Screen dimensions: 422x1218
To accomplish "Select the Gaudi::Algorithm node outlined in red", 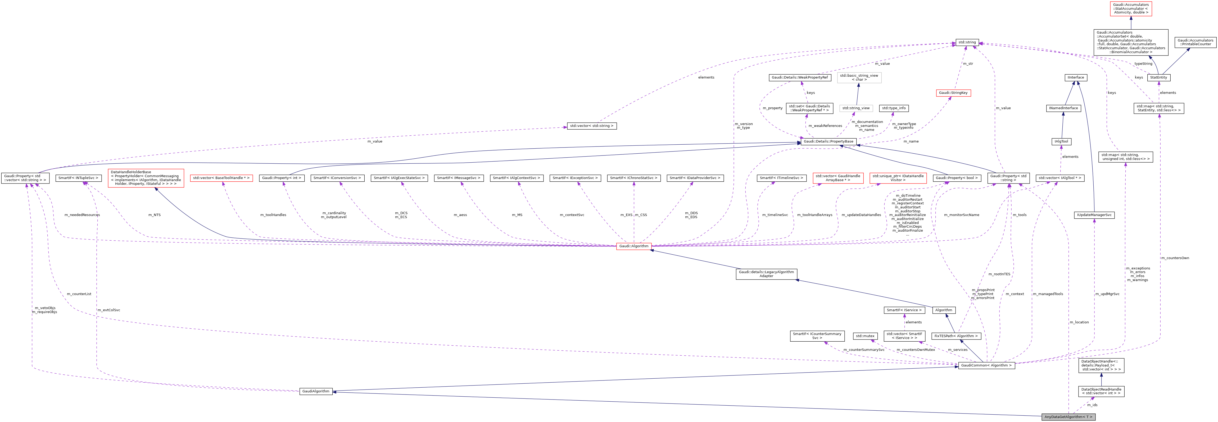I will [633, 246].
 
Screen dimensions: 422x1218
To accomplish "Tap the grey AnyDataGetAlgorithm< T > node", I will [1068, 417].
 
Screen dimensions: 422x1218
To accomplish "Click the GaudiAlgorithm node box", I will [316, 391].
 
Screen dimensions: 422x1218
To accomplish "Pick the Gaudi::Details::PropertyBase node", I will [828, 141].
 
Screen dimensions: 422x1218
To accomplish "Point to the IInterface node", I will [1076, 77].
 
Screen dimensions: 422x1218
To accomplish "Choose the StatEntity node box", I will [1158, 77].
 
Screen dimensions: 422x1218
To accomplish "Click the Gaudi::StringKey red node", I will [953, 93].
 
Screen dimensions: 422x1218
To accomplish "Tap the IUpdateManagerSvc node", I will [1094, 215].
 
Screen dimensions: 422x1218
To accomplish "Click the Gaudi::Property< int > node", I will [281, 178].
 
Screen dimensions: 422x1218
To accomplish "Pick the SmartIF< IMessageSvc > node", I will [459, 178].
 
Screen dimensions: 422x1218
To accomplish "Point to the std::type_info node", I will [893, 108].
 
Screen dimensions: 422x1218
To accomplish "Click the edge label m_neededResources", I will [82, 215].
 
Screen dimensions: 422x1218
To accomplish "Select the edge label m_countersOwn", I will [1175, 258].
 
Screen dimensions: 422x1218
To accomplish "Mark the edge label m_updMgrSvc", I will [1107, 294].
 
